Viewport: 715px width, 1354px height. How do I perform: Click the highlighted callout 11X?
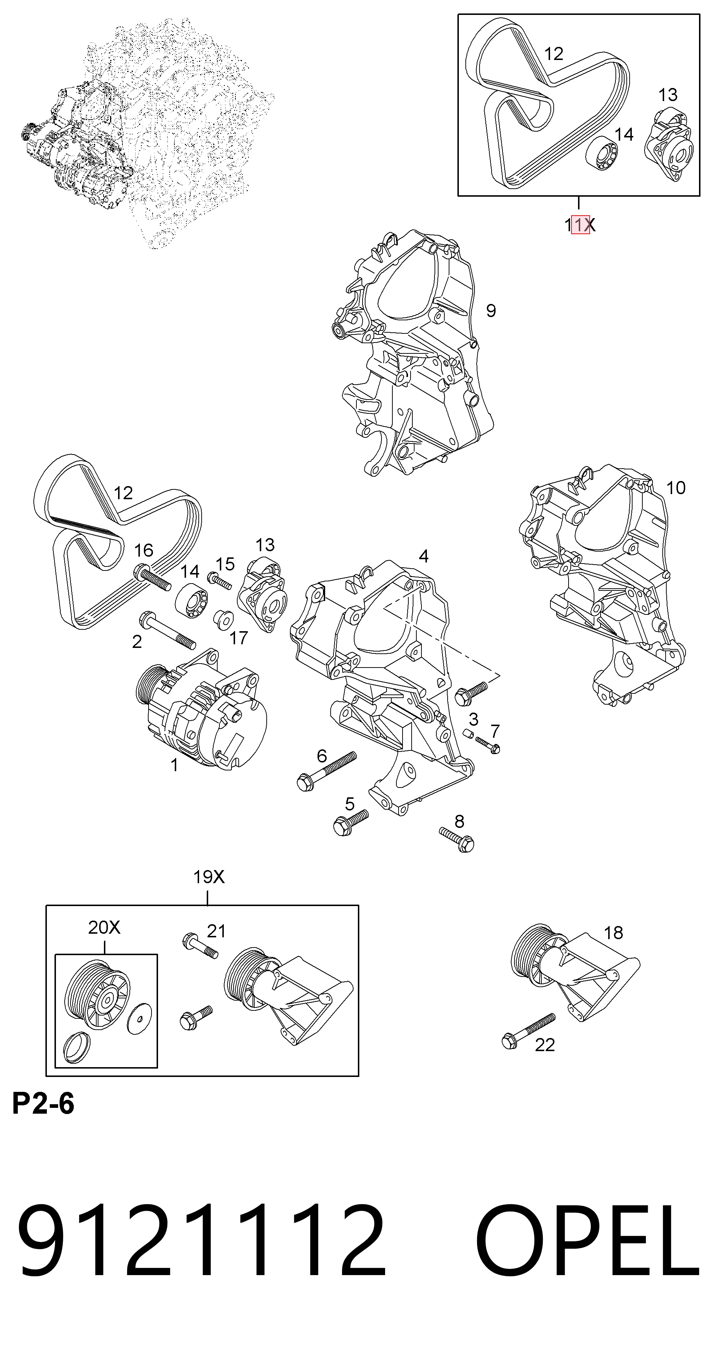tap(579, 225)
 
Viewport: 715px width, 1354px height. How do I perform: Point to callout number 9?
tap(491, 311)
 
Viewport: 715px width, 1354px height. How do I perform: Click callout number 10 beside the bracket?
tap(676, 488)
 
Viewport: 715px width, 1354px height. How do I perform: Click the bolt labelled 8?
tap(457, 838)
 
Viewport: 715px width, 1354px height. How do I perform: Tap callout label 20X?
tap(104, 927)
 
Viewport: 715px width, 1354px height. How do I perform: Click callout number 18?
tap(613, 933)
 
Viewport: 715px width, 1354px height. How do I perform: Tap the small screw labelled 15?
tap(219, 581)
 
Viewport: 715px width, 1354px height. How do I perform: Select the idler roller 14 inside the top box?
tap(602, 153)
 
